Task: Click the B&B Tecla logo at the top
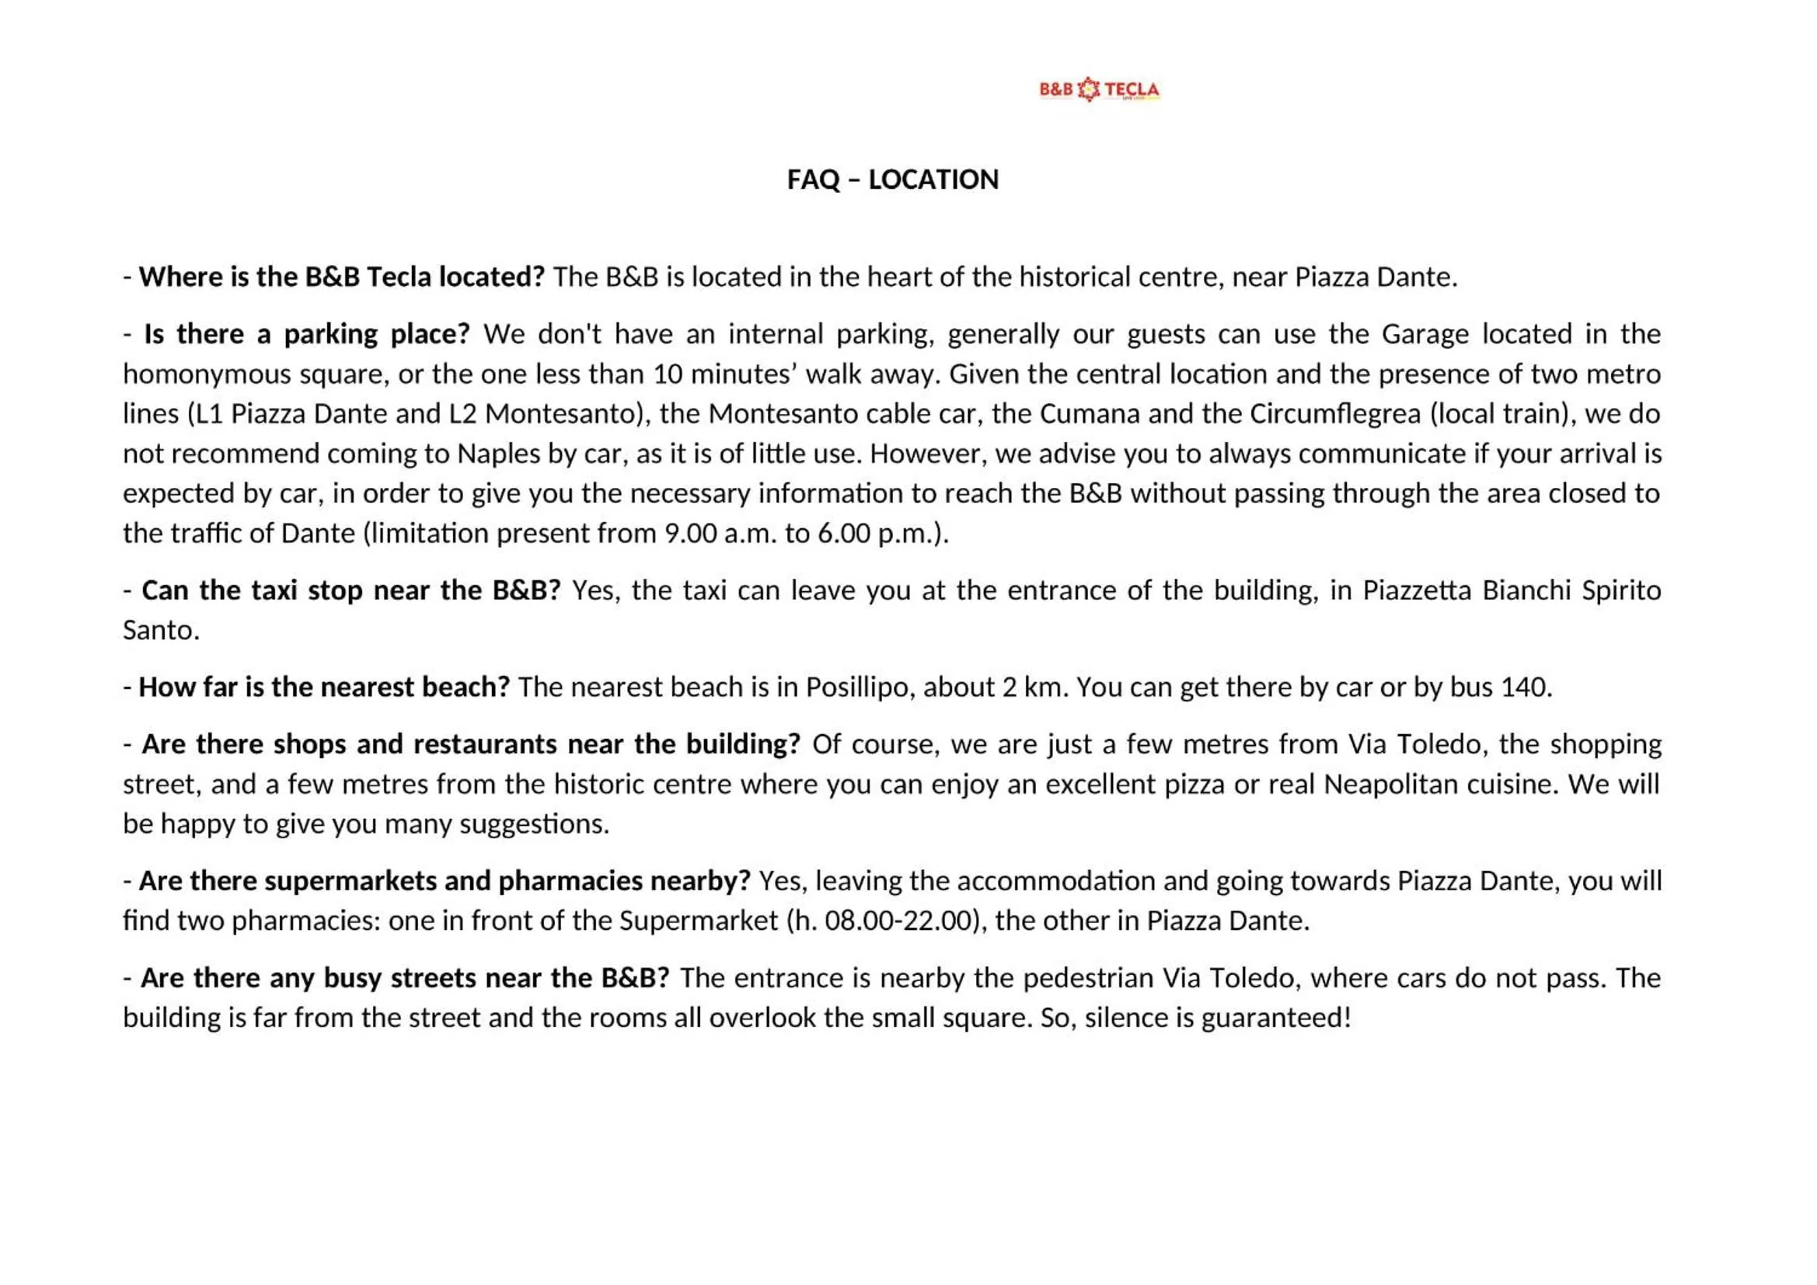click(x=1099, y=89)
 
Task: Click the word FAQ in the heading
click(x=813, y=179)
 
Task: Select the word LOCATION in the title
click(x=933, y=179)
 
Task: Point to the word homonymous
click(x=207, y=374)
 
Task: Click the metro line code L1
click(x=209, y=414)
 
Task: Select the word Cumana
click(x=1088, y=414)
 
